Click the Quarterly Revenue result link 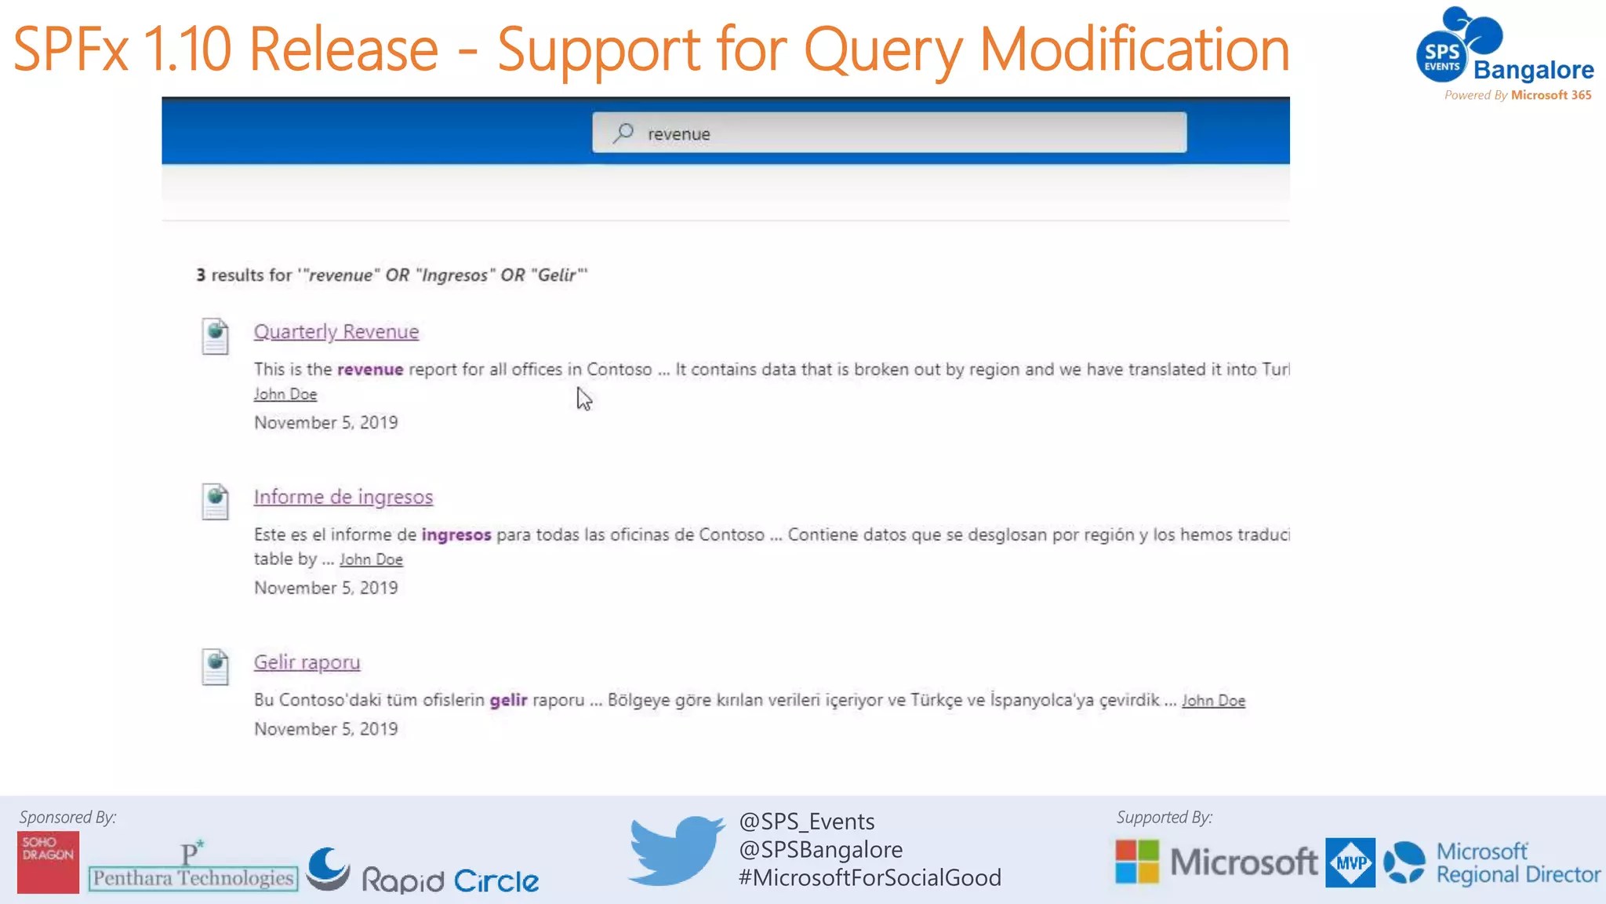click(x=336, y=332)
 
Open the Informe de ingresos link click(x=343, y=498)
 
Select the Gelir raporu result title click(x=307, y=663)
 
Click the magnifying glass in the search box click(x=623, y=133)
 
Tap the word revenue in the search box click(x=678, y=134)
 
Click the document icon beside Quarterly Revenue click(x=215, y=336)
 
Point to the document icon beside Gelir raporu click(x=215, y=667)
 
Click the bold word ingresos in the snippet click(x=456, y=535)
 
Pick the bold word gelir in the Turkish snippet click(x=508, y=700)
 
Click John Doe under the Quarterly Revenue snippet click(x=285, y=395)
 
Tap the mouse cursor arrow click(x=583, y=399)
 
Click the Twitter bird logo click(x=676, y=850)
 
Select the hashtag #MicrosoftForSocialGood click(x=870, y=878)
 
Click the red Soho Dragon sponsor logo click(x=48, y=862)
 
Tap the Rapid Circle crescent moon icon click(x=328, y=868)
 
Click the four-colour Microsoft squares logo click(x=1137, y=862)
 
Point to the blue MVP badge click(x=1350, y=862)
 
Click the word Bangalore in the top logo click(x=1533, y=71)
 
